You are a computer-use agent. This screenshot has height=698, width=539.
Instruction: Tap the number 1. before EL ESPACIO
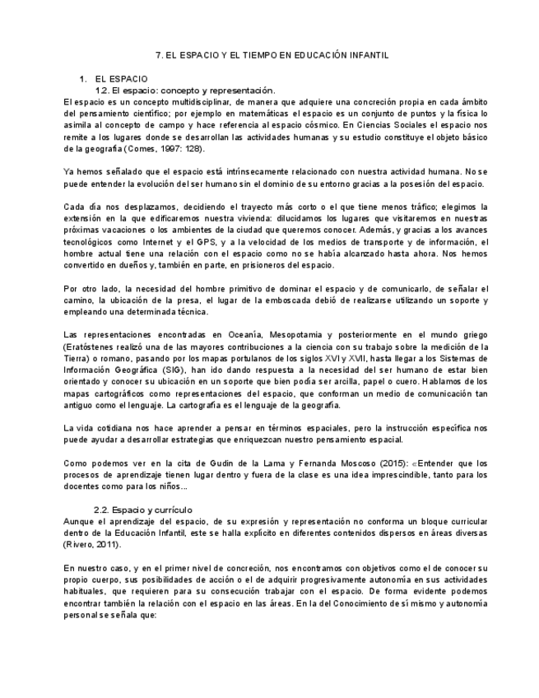coord(83,78)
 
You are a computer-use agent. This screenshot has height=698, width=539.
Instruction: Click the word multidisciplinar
coord(184,101)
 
